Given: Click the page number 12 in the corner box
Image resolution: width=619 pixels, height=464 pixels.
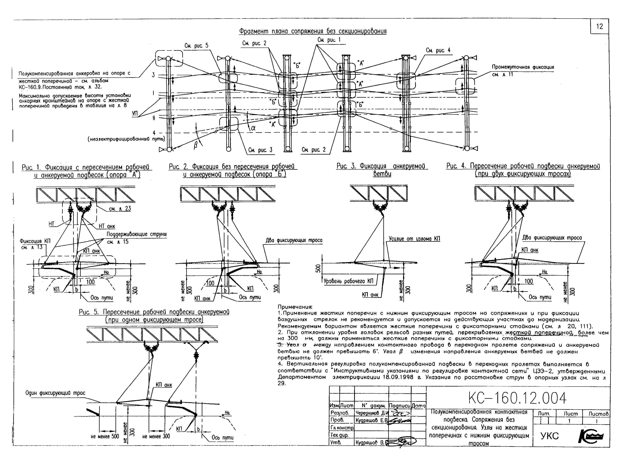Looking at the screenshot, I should tap(599, 27).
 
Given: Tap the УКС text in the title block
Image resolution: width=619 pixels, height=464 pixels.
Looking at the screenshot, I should tap(549, 436).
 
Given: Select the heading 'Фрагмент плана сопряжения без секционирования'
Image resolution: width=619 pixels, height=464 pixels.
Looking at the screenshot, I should tap(313, 31).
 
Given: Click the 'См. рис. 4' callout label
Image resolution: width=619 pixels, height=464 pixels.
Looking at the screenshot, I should tap(438, 50).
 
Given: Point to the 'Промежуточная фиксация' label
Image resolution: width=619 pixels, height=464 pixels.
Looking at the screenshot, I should tap(523, 67).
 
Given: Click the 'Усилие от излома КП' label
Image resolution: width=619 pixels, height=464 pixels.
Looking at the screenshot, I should tap(414, 239).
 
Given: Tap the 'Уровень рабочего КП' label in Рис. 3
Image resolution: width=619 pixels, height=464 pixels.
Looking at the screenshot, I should tap(348, 281).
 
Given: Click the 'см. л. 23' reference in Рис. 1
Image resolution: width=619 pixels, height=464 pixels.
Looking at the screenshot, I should tap(120, 208).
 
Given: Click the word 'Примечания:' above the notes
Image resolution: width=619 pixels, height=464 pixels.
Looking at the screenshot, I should tap(295, 307).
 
